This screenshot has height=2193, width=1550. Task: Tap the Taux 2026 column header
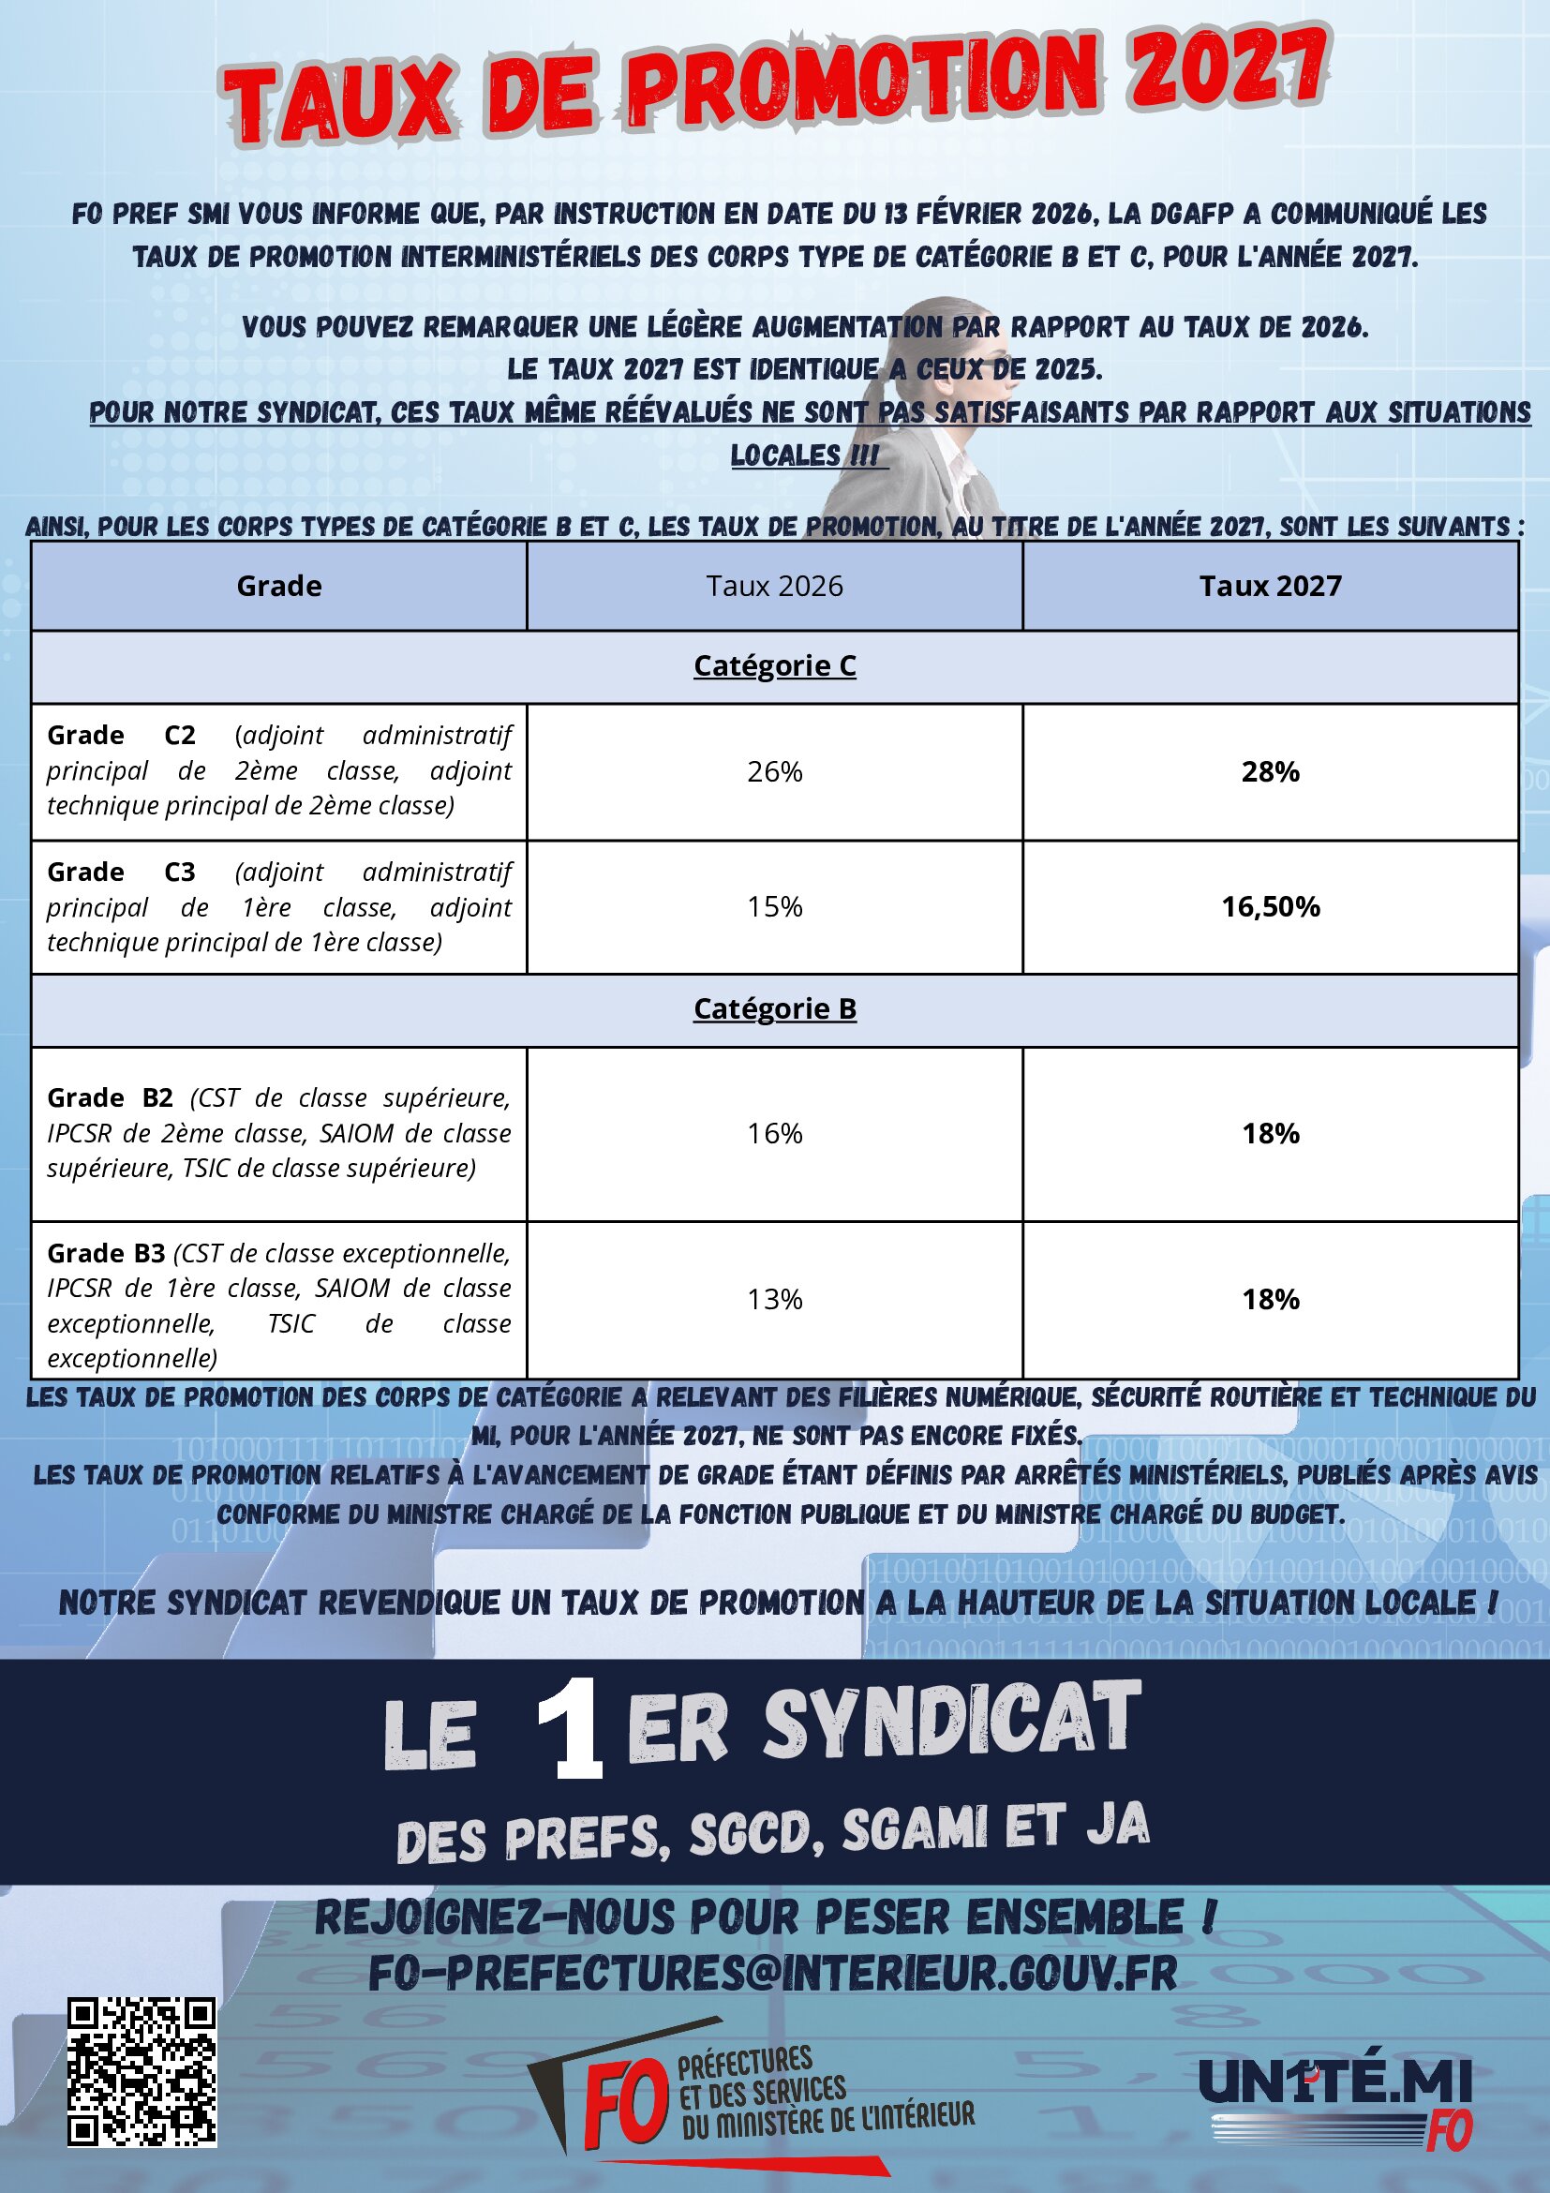[774, 586]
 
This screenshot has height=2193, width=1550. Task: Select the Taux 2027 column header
[1270, 586]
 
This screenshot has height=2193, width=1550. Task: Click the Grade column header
[279, 586]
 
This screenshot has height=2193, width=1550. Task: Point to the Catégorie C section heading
[774, 665]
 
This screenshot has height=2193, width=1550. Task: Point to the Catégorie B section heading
[774, 1008]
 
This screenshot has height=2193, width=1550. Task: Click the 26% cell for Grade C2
[774, 771]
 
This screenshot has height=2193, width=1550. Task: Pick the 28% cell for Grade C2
[1270, 771]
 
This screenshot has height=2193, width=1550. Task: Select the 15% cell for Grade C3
[774, 906]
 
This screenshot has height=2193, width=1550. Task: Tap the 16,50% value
[1270, 906]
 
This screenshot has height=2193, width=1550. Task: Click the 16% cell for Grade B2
[774, 1134]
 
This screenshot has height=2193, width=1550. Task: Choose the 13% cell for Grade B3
[774, 1299]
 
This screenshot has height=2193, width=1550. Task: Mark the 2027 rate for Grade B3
[1270, 1299]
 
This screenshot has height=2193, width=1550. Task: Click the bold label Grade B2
[110, 1098]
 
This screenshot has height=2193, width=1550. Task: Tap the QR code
[142, 2072]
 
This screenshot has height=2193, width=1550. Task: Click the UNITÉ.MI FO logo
[1335, 2097]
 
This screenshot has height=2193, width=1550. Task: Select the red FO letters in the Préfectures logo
[626, 2101]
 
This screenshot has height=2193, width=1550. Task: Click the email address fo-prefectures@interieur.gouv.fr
[772, 1974]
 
